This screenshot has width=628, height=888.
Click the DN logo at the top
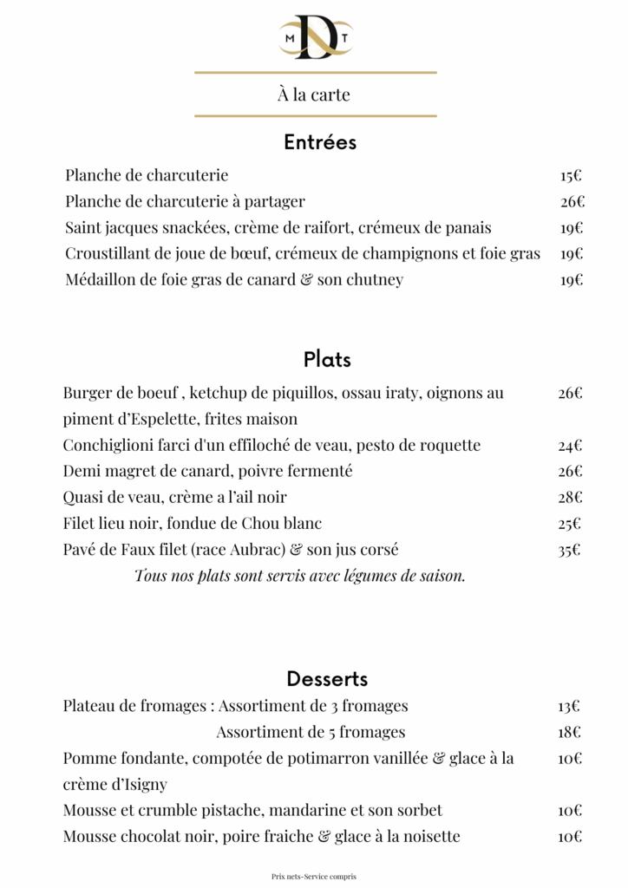coord(314,36)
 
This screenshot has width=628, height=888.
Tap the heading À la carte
coord(314,95)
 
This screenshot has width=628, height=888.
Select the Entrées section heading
coord(320,142)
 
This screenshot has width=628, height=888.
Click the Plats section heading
coord(327,359)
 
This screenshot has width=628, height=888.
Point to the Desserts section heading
coord(327,679)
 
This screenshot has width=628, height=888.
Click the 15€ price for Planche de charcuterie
coord(571,176)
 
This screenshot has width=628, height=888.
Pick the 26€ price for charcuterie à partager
coord(572,202)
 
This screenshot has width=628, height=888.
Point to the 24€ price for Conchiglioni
coord(570,446)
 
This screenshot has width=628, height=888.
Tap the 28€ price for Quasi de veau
coord(570,498)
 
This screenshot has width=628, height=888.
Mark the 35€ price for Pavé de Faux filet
coord(570,550)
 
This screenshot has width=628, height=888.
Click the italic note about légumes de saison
coord(300,576)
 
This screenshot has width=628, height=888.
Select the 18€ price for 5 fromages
coord(570,732)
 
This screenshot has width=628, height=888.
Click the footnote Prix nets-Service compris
coord(314,876)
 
